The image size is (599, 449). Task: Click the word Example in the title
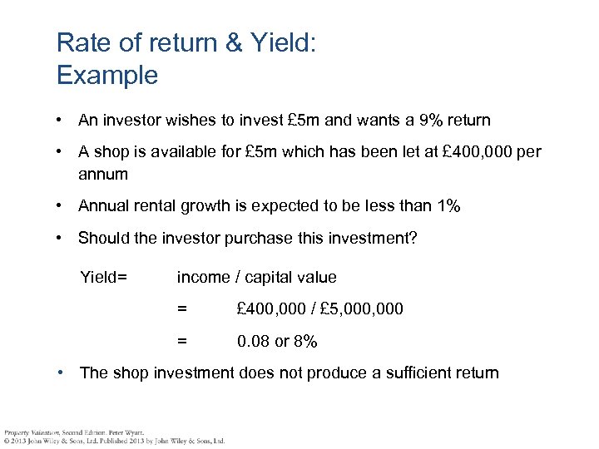point(106,76)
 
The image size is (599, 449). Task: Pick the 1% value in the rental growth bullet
point(449,206)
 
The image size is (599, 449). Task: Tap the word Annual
point(103,206)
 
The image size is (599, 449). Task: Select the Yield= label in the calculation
point(103,277)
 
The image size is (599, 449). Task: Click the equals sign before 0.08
point(182,341)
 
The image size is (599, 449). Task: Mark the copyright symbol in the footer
point(7,441)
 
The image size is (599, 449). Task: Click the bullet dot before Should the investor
point(62,239)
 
